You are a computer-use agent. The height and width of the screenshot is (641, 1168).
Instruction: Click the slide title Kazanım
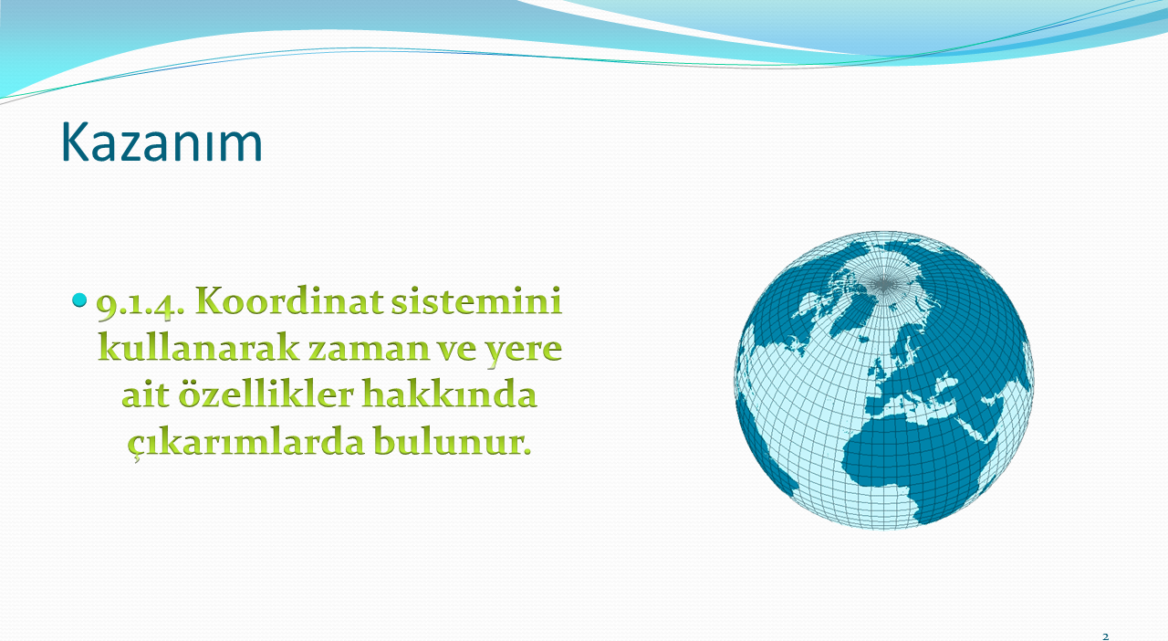162,142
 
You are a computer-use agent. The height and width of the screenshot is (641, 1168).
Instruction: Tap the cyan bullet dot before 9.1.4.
79,300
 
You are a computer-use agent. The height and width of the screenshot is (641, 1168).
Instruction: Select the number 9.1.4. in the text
141,304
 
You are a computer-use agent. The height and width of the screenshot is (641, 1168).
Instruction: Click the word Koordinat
289,300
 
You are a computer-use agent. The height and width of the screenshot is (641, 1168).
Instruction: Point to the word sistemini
476,300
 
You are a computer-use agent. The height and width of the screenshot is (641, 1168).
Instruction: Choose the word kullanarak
199,347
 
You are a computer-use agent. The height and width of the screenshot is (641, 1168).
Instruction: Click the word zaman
369,350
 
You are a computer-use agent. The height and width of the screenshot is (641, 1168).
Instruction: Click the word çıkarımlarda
245,442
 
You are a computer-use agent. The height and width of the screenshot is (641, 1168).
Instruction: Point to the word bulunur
452,440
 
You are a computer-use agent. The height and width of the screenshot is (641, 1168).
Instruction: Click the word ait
146,394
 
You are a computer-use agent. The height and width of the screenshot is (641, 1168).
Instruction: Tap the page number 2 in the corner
1105,636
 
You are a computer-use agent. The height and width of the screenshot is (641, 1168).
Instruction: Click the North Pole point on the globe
883,284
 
